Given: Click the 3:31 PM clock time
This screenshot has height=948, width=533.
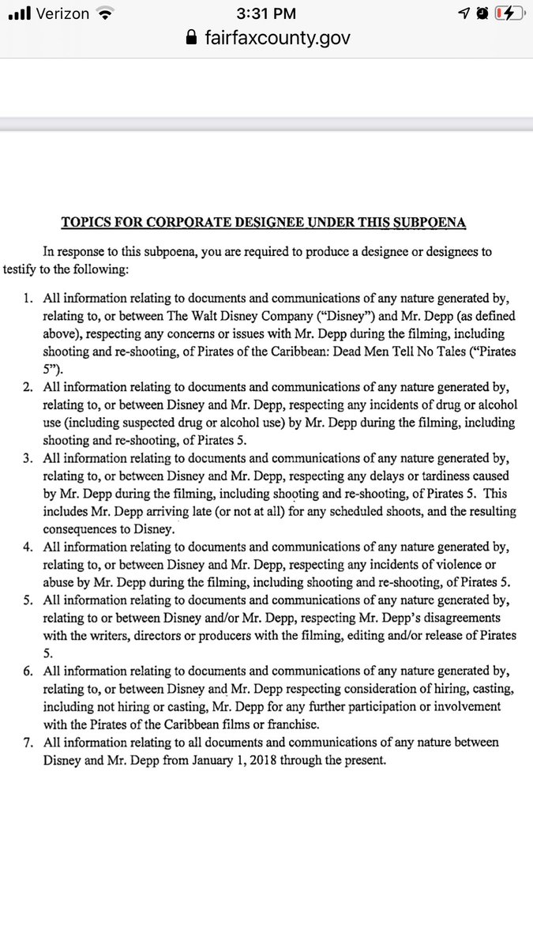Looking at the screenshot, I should pos(266,14).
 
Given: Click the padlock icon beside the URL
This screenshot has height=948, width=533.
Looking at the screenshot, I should pos(189,37).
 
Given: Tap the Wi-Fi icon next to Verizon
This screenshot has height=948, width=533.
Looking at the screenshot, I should pos(103,14).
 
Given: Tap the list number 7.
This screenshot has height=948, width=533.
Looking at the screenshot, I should pos(28,743).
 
